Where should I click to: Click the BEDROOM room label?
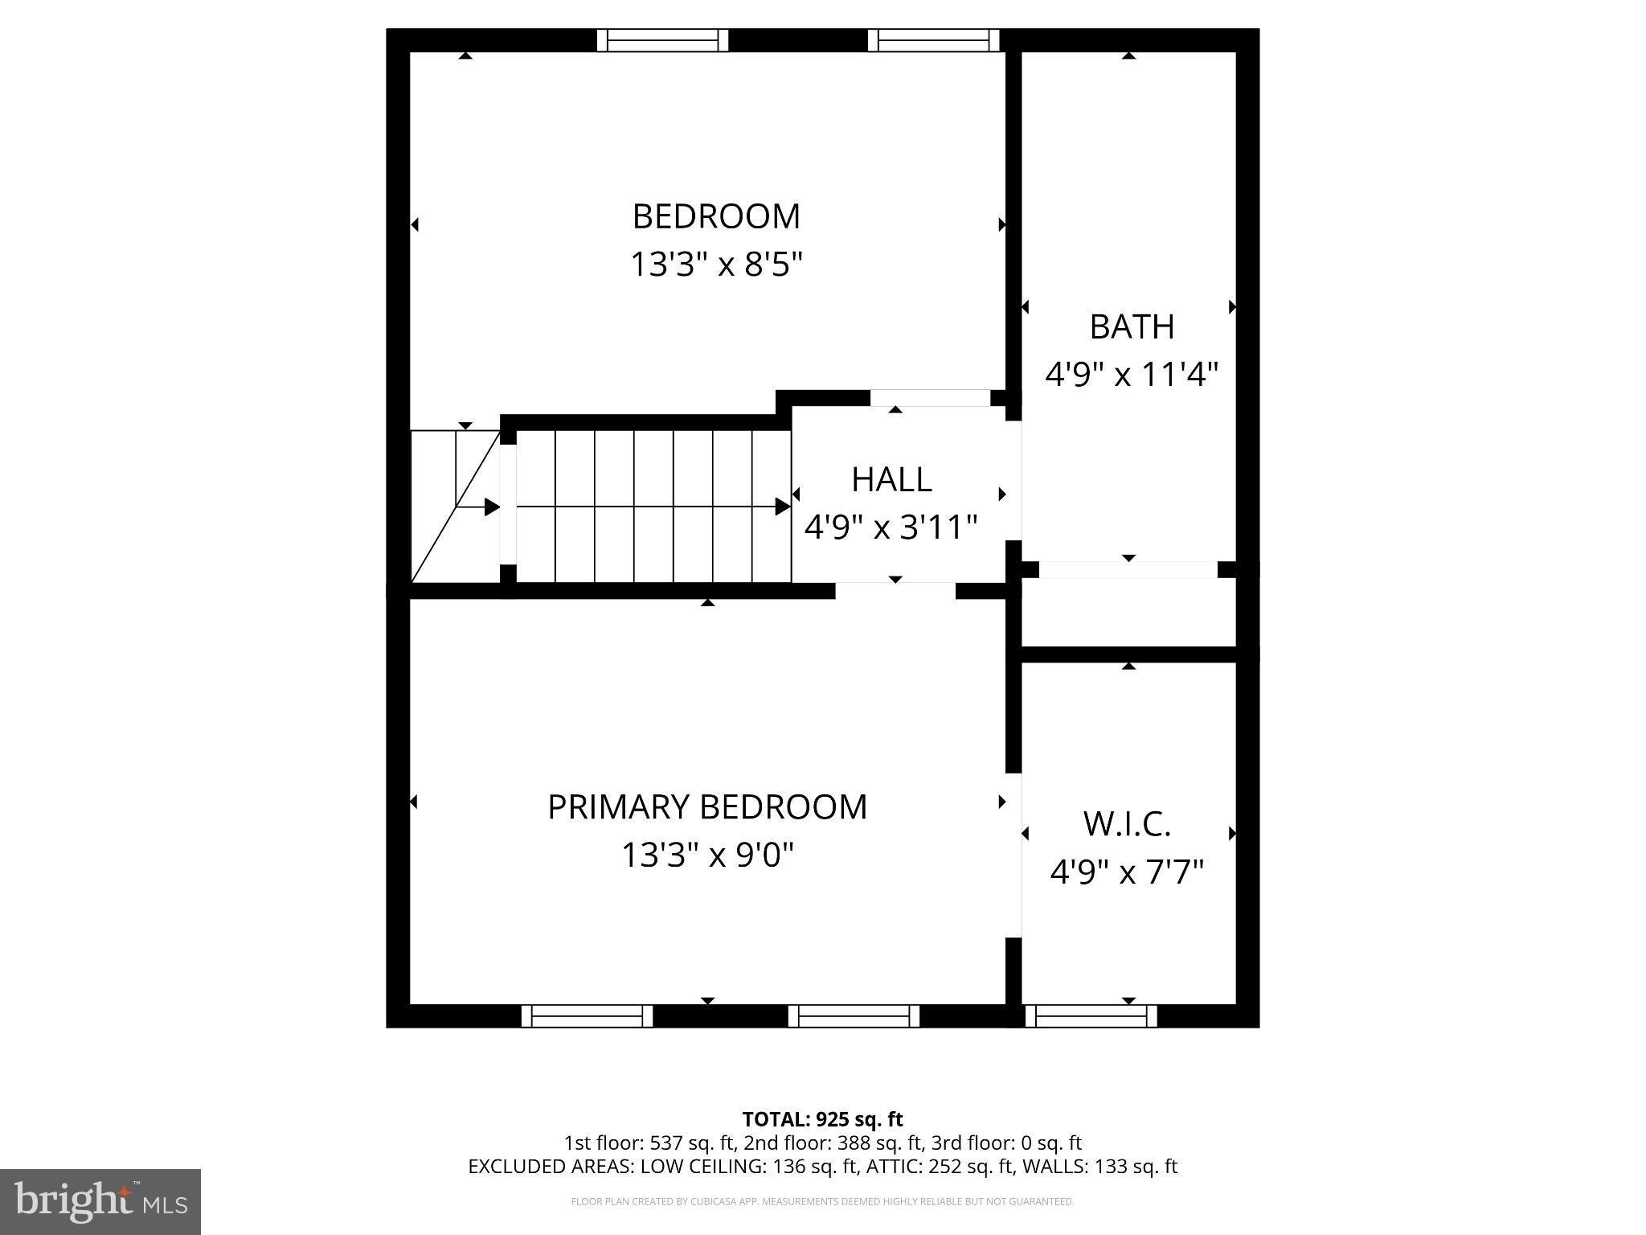(x=716, y=216)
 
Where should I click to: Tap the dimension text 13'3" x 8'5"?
(x=716, y=264)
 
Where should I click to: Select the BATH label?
(x=1132, y=326)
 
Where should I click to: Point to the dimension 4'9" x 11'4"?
(x=1132, y=374)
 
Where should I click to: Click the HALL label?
(x=891, y=479)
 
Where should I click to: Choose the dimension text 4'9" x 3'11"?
(x=891, y=527)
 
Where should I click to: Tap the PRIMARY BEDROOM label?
(x=707, y=806)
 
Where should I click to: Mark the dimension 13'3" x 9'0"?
(x=707, y=855)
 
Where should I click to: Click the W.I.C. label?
(x=1127, y=823)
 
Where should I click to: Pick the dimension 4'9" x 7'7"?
(x=1127, y=872)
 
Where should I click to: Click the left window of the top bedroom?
(x=662, y=40)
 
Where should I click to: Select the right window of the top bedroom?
(x=933, y=40)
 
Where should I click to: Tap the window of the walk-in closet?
(x=1091, y=1016)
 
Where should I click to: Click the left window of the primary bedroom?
(x=587, y=1016)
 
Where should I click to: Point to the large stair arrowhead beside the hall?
(x=782, y=507)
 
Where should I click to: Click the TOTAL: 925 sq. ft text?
(x=822, y=1119)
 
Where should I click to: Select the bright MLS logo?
(x=100, y=1201)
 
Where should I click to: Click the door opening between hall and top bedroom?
(x=930, y=398)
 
